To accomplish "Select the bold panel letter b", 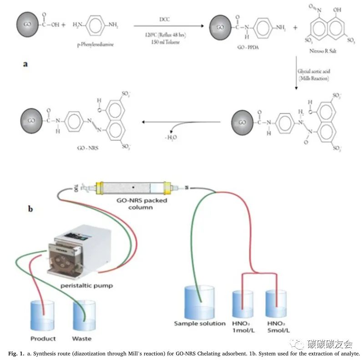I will point(30,209).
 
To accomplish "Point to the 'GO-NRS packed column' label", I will point(140,203).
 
